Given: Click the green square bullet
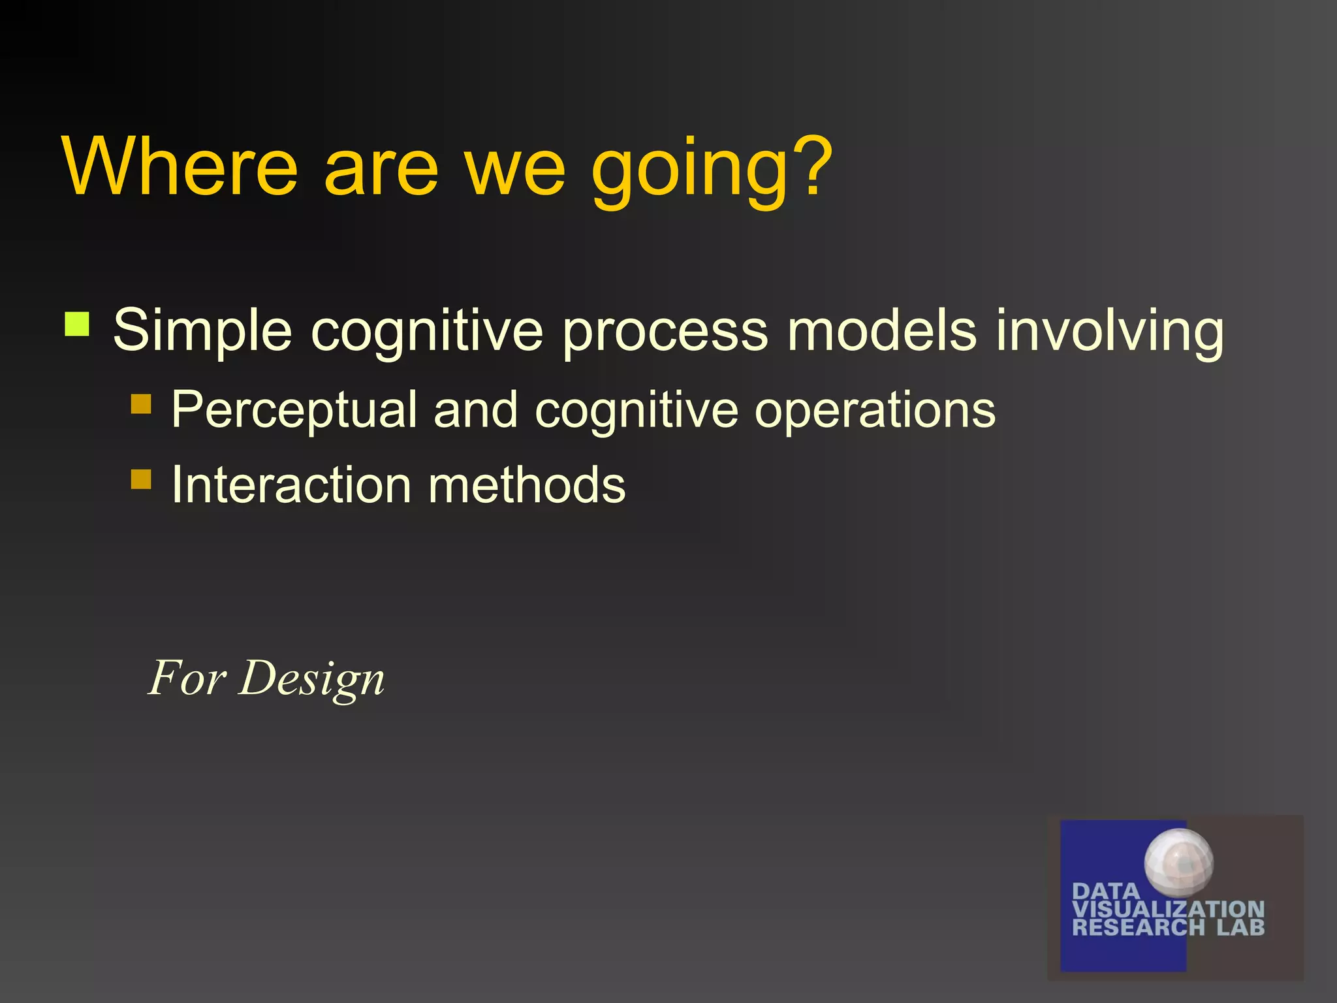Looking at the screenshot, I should (77, 324).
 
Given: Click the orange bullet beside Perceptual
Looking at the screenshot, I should (141, 404).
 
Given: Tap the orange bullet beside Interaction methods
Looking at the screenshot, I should (141, 479).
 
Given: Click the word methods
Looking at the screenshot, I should (527, 485).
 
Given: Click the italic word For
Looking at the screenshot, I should (187, 678).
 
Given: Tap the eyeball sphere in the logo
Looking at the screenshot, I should (1178, 862).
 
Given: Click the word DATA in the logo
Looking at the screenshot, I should (1106, 891).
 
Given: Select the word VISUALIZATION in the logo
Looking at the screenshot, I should (1168, 909).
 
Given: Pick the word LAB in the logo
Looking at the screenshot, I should (1240, 927).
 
